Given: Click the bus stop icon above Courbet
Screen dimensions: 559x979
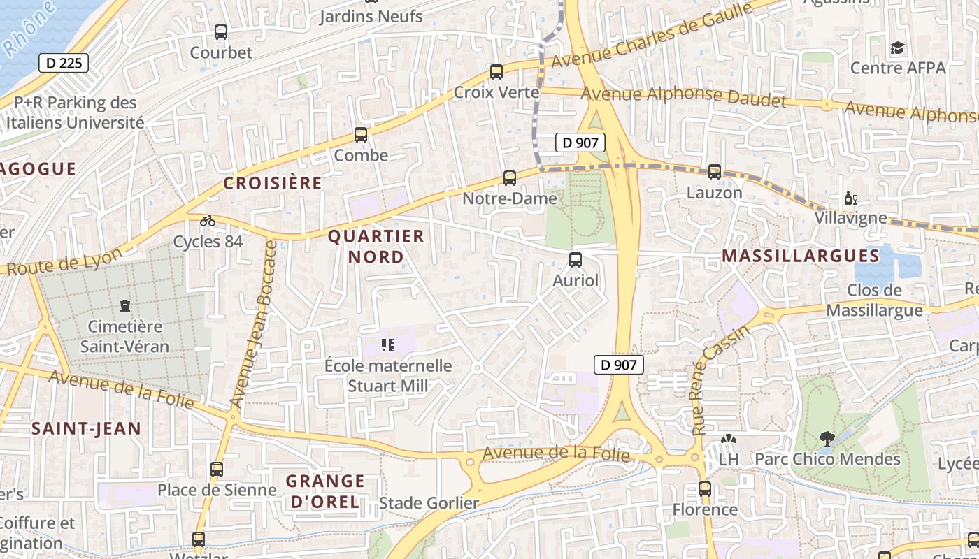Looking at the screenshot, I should pyautogui.click(x=221, y=31).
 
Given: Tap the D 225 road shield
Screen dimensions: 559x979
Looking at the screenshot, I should pyautogui.click(x=64, y=63).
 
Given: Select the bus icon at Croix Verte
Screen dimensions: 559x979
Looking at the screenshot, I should pyautogui.click(x=496, y=71).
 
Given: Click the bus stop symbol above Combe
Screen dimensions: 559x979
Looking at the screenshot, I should pyautogui.click(x=361, y=135).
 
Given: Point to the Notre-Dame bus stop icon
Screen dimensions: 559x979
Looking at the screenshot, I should pyautogui.click(x=510, y=178).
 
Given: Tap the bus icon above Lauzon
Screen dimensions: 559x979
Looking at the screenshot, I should pyautogui.click(x=715, y=171).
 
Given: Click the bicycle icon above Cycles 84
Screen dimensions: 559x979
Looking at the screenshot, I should pyautogui.click(x=208, y=221).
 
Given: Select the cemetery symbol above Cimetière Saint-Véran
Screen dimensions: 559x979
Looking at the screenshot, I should pyautogui.click(x=125, y=306).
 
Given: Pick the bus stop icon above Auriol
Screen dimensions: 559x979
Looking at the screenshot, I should pyautogui.click(x=576, y=260).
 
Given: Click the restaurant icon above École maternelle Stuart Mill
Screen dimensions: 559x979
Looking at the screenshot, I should pyautogui.click(x=388, y=345).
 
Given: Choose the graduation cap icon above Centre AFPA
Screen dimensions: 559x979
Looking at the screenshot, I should pyautogui.click(x=897, y=48).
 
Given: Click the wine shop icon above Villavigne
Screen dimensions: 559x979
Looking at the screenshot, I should pyautogui.click(x=850, y=198).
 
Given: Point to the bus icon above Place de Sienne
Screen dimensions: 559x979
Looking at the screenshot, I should pyautogui.click(x=217, y=469).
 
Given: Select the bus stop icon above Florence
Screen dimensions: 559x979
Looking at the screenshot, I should pyautogui.click(x=705, y=489).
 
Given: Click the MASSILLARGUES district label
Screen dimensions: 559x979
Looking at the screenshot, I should pyautogui.click(x=801, y=256).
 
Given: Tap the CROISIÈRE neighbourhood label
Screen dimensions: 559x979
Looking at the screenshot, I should pyautogui.click(x=273, y=183).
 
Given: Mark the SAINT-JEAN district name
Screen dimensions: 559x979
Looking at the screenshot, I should pyautogui.click(x=87, y=428).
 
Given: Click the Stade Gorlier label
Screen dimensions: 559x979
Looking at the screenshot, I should pyautogui.click(x=429, y=503).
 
